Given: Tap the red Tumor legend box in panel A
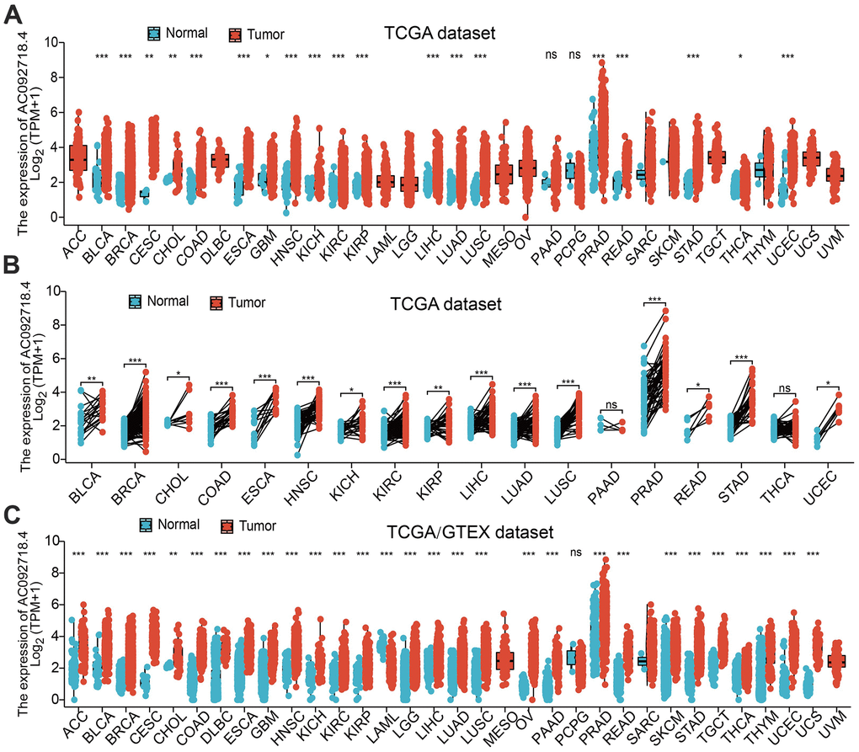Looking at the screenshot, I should pyautogui.click(x=236, y=35).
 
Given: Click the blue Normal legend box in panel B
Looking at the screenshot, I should pyautogui.click(x=135, y=301).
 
